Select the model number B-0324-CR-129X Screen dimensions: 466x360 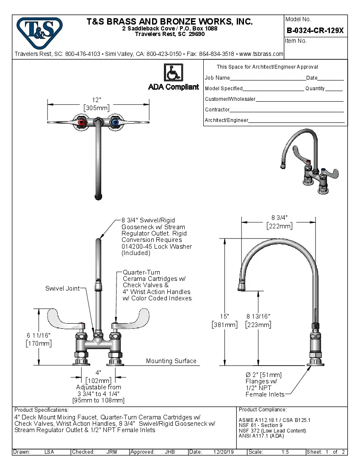315,31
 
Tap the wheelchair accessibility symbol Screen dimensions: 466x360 173,72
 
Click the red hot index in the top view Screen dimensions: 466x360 81,123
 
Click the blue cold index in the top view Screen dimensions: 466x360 114,123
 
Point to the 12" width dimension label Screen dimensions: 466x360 97,100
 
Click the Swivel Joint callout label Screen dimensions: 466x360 62,288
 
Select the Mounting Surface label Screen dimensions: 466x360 171,361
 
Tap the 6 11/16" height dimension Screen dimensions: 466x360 39,335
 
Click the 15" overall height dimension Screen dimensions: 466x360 224,316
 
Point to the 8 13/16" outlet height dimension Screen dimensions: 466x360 258,316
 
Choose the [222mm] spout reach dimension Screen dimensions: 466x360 279,226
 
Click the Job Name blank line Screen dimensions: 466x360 268,78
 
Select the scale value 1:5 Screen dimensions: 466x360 285,452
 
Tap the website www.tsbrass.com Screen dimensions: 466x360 261,54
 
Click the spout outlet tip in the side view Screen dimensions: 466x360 241,288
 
